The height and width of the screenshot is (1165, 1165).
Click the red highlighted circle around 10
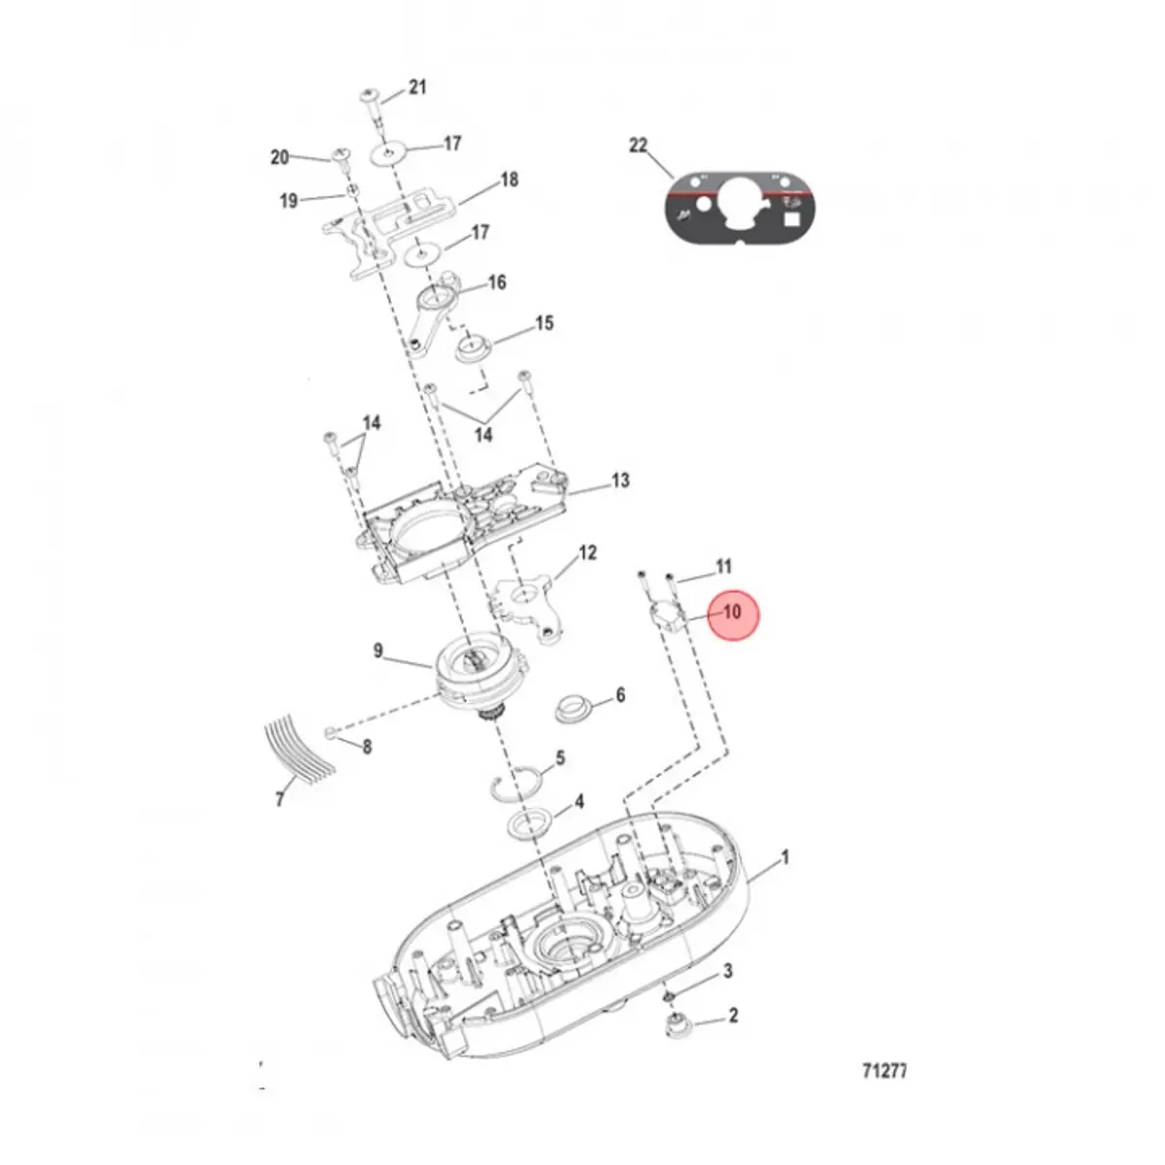click(x=731, y=613)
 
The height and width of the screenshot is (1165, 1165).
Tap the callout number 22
click(x=638, y=145)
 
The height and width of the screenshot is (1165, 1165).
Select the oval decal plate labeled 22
click(x=740, y=205)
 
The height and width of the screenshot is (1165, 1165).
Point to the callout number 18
click(x=509, y=180)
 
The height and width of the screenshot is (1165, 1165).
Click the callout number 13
click(x=620, y=480)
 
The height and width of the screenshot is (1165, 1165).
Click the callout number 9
click(x=379, y=650)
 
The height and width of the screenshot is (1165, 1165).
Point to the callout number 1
click(x=785, y=857)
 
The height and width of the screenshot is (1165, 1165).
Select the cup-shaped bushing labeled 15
click(x=476, y=346)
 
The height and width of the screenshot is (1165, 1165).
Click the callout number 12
click(x=587, y=552)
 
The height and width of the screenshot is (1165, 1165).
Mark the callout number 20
click(x=280, y=157)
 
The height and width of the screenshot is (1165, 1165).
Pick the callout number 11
click(x=723, y=565)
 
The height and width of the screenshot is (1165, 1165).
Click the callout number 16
click(x=496, y=283)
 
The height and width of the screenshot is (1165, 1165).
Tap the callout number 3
click(x=726, y=972)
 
